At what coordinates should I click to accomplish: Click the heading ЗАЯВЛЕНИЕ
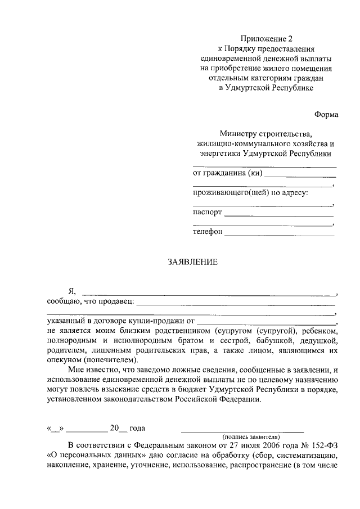point(192,262)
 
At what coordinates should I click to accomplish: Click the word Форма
point(326,115)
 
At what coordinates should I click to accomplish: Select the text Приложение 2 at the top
point(266,39)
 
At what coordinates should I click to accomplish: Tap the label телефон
point(208,232)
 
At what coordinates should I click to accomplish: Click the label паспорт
point(208,213)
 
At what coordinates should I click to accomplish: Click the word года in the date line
point(138,428)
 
